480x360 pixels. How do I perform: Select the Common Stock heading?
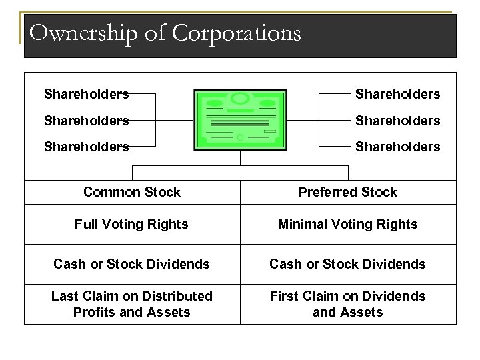[x=132, y=192]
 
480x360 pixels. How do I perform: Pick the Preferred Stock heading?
[x=347, y=192]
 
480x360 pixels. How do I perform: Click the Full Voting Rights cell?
[x=132, y=225]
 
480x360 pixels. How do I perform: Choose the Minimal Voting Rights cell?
[x=347, y=225]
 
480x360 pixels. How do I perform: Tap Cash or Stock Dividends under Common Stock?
[x=132, y=264]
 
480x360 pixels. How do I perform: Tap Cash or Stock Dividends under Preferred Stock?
[x=347, y=264]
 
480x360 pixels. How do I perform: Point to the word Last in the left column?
[x=63, y=296]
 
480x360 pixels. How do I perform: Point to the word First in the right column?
[x=284, y=296]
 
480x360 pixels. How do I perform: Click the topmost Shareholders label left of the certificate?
[x=86, y=94]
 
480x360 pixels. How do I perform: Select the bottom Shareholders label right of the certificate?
[x=397, y=146]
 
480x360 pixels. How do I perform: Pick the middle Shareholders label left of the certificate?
[x=86, y=120]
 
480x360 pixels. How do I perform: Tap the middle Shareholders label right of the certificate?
[x=397, y=120]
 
